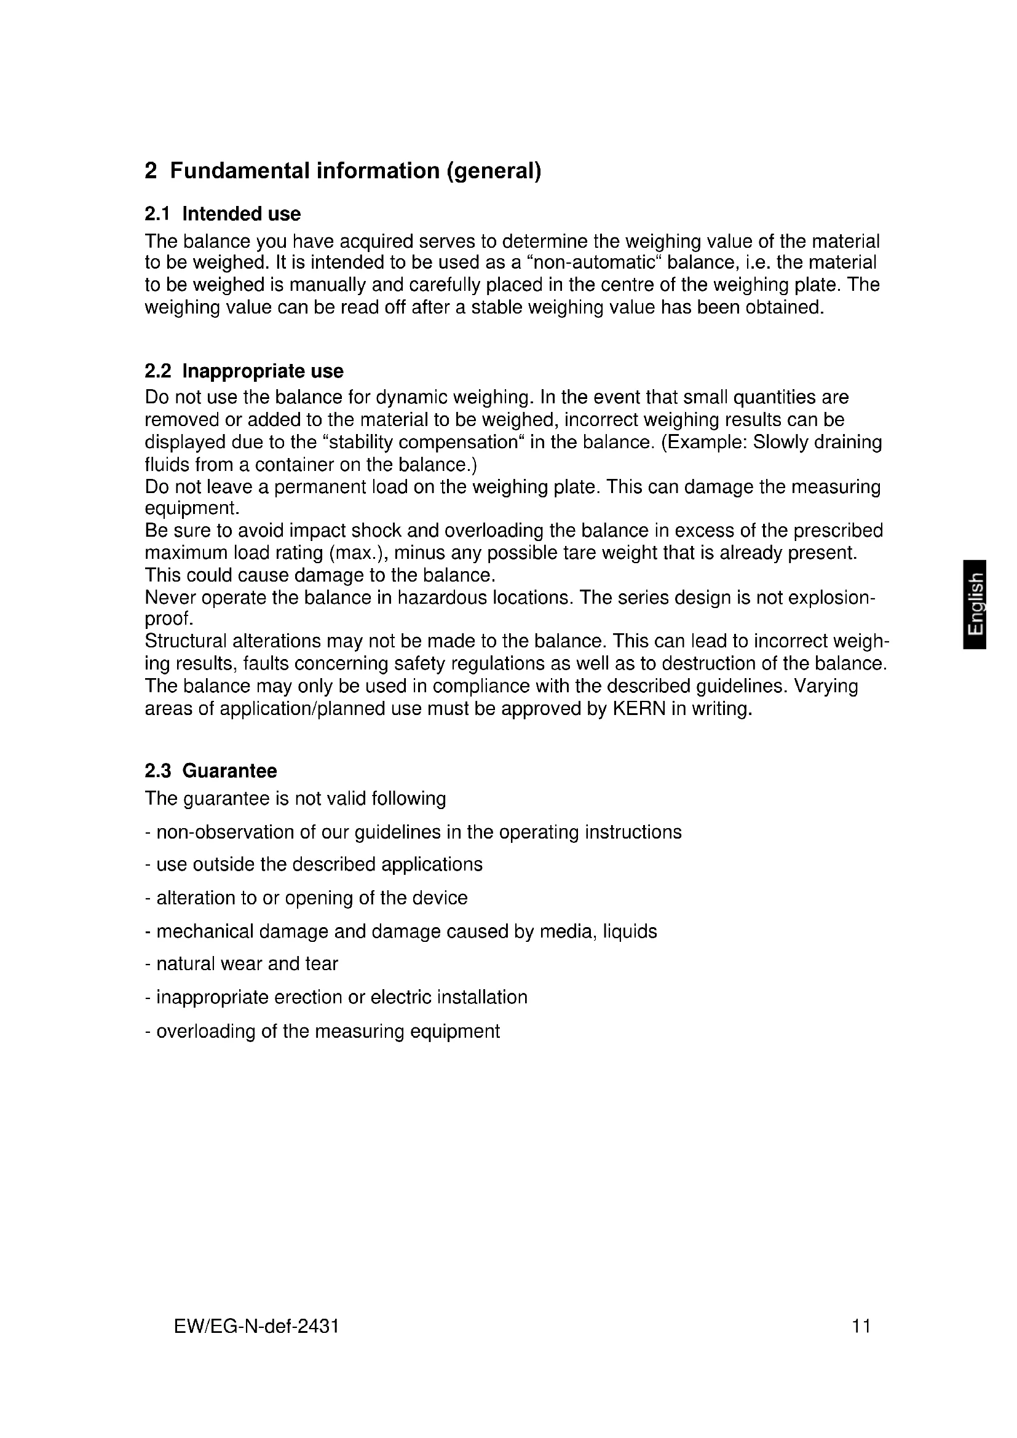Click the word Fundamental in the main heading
[x=240, y=170]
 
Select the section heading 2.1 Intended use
[x=223, y=214]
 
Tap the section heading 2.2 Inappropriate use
[x=243, y=371]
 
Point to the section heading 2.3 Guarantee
[x=210, y=771]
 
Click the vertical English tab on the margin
[x=976, y=604]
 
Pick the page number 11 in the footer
[x=861, y=1326]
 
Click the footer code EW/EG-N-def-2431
[x=256, y=1326]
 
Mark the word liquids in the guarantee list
[x=630, y=931]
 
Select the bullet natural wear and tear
[x=242, y=964]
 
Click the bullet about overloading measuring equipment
[x=323, y=1031]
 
